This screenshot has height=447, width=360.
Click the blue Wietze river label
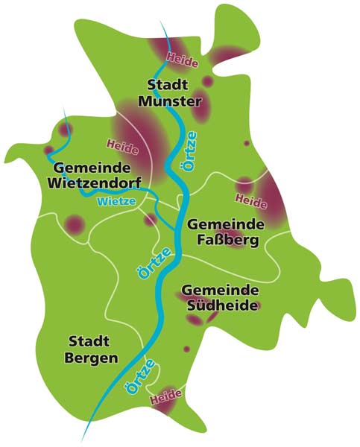pos(116,201)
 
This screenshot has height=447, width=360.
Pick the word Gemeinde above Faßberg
pos(227,224)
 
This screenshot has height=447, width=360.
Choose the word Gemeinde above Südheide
pos(221,290)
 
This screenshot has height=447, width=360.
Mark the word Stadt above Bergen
pos(89,342)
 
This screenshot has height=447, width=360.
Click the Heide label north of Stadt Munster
pos(183,58)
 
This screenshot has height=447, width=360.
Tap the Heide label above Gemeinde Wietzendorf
pos(122,144)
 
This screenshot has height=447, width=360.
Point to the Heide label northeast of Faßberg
pos(250,199)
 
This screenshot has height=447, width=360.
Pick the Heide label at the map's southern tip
pos(165,400)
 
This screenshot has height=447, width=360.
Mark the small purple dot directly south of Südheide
pos(187,348)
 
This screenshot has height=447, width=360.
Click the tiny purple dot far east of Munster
pos(247,143)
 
